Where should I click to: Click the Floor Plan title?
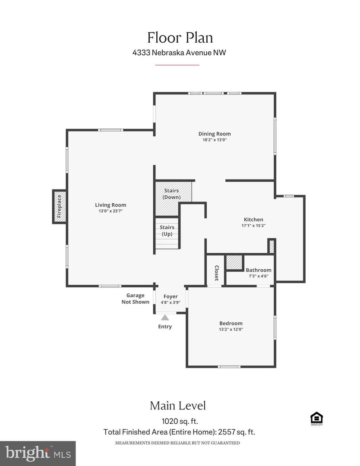point(180,38)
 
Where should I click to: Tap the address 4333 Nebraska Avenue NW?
point(180,53)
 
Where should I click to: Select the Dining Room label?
point(215,134)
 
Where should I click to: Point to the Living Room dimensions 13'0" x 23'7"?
point(111,211)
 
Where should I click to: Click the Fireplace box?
point(60,207)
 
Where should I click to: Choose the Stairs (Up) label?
point(167,230)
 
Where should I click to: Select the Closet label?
point(216,273)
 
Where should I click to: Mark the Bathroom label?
point(259,270)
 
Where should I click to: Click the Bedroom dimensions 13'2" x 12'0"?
point(231,329)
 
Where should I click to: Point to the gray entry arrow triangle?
point(165,318)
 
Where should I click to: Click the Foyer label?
point(170,296)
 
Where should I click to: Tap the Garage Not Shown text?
point(135,299)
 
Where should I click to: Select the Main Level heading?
point(177,406)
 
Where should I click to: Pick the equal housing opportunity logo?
point(316,419)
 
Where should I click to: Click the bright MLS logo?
point(38,453)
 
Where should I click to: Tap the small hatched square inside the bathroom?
point(235,262)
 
